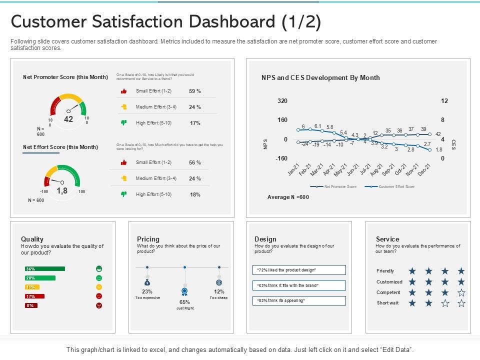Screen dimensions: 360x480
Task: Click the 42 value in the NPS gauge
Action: click(68, 119)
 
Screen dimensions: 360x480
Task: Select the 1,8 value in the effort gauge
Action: click(61, 190)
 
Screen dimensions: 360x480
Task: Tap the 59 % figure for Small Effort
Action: click(194, 91)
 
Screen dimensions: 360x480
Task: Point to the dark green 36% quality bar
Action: click(44, 269)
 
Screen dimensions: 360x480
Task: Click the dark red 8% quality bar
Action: click(31, 305)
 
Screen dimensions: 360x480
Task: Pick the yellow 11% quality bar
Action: click(32, 287)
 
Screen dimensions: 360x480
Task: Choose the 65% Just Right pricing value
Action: click(184, 302)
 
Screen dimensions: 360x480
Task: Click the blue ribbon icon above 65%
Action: click(184, 291)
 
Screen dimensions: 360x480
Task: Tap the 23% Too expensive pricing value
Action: click(147, 291)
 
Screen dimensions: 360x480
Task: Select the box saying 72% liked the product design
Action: click(299, 270)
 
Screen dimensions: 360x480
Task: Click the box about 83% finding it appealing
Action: click(299, 300)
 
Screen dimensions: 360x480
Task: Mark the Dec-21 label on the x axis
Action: click(424, 170)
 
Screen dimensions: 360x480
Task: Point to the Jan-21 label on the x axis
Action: click(293, 170)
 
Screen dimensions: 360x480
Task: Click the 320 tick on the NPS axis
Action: click(282, 101)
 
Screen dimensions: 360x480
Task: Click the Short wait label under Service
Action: click(387, 303)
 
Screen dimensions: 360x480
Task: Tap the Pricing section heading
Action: click(148, 239)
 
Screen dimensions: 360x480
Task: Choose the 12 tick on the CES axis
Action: click(444, 101)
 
